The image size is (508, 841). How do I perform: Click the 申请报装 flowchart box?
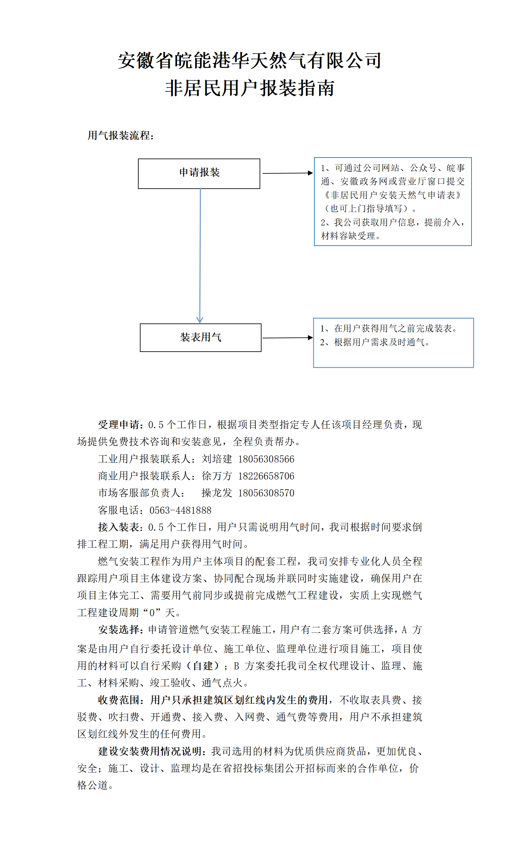tap(199, 173)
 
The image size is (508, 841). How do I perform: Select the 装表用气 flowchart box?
tap(200, 337)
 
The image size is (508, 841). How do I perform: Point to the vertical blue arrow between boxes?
tap(200, 256)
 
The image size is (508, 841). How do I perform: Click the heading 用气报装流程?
tap(120, 135)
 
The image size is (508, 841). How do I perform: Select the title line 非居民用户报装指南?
tap(250, 88)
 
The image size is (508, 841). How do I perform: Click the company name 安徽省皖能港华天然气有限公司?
tap(250, 61)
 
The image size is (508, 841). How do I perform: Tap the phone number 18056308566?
tap(266, 459)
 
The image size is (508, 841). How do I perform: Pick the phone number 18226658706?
tap(266, 476)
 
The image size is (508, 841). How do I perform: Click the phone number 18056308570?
tap(266, 493)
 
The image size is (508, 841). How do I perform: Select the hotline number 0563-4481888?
tap(180, 510)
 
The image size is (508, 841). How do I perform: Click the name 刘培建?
tap(217, 459)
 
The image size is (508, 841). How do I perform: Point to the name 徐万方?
tap(217, 476)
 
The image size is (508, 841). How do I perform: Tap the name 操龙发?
tap(217, 493)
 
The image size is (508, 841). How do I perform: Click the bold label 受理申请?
tap(119, 425)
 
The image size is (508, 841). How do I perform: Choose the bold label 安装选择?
tap(119, 630)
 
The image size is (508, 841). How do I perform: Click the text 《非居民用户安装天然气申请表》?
tap(392, 195)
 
